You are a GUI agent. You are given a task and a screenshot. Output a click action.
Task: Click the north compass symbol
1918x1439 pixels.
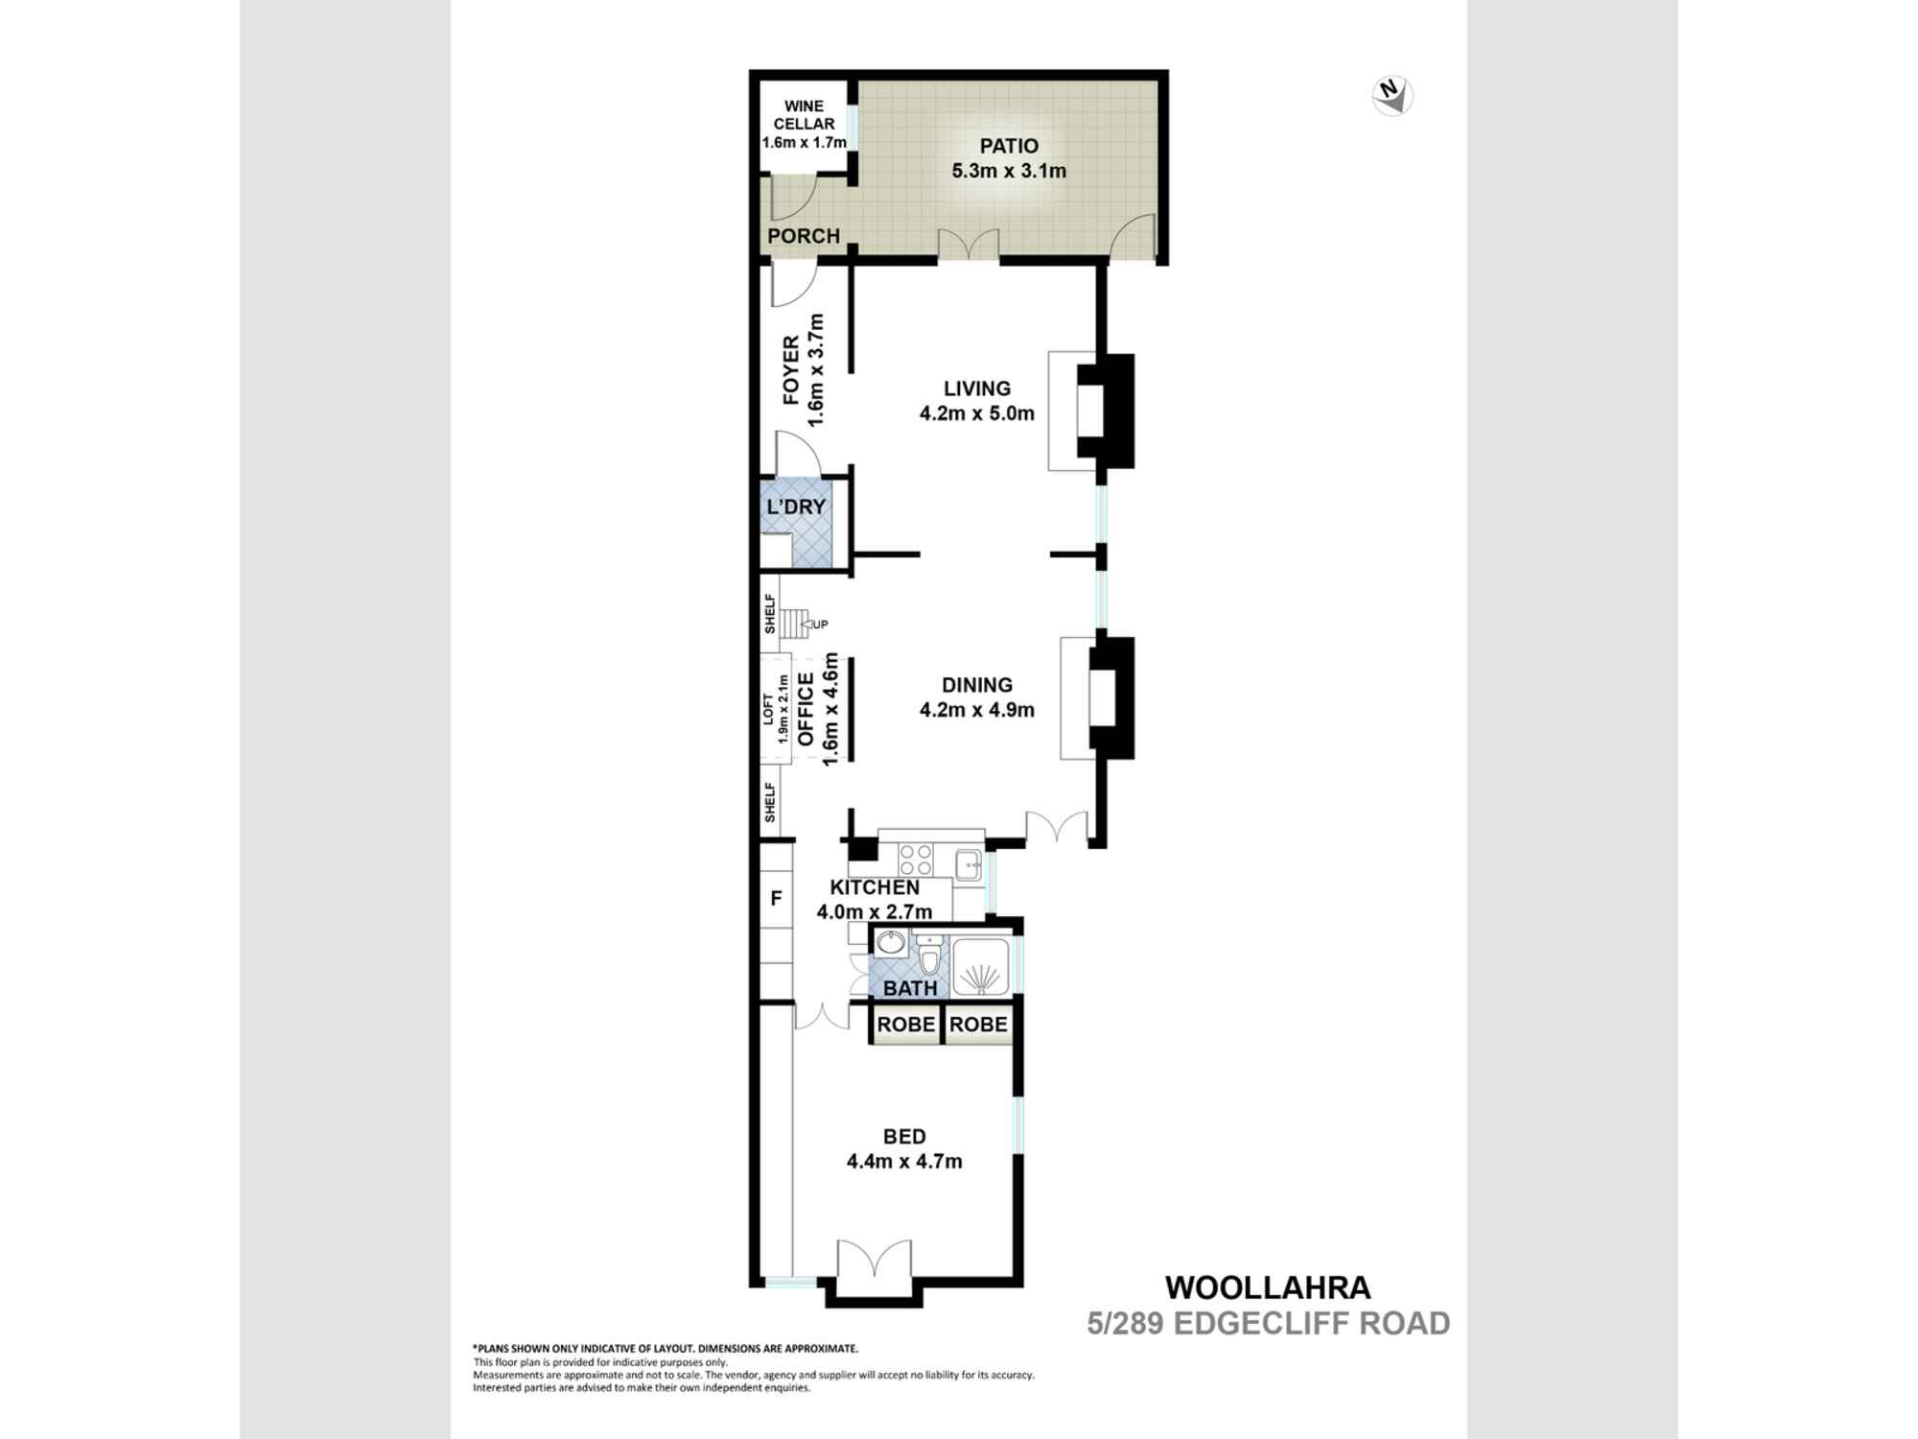pyautogui.click(x=1392, y=96)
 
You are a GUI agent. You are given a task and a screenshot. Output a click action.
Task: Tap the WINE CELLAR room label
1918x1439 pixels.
pyautogui.click(x=804, y=115)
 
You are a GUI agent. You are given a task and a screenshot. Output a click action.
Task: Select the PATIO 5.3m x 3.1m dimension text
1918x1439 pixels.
pyautogui.click(x=1009, y=171)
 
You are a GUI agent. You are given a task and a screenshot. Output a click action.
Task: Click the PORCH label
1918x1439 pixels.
pyautogui.click(x=804, y=236)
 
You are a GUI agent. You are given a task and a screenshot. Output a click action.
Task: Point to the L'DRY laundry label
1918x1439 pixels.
pyautogui.click(x=796, y=507)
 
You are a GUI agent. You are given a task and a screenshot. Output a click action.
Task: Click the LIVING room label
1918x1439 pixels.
pyautogui.click(x=977, y=389)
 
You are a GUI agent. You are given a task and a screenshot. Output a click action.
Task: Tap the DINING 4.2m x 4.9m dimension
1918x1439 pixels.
pyautogui.click(x=977, y=710)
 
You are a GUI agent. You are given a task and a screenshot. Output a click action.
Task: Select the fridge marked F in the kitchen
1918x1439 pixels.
pyautogui.click(x=776, y=899)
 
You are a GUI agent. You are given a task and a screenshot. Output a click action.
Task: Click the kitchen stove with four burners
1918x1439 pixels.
pyautogui.click(x=916, y=859)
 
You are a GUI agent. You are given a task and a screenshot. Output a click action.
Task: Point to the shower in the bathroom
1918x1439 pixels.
pyautogui.click(x=980, y=965)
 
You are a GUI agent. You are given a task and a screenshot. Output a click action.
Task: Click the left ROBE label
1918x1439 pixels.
pyautogui.click(x=905, y=1025)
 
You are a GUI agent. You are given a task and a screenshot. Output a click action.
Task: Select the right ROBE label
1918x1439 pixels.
pyautogui.click(x=978, y=1025)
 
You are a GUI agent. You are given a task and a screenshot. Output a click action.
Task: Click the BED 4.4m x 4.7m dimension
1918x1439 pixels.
pyautogui.click(x=904, y=1162)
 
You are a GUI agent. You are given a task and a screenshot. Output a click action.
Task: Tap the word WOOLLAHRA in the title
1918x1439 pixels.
pyautogui.click(x=1267, y=1287)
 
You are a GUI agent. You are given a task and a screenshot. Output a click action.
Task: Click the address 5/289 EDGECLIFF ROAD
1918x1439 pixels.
pyautogui.click(x=1267, y=1324)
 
